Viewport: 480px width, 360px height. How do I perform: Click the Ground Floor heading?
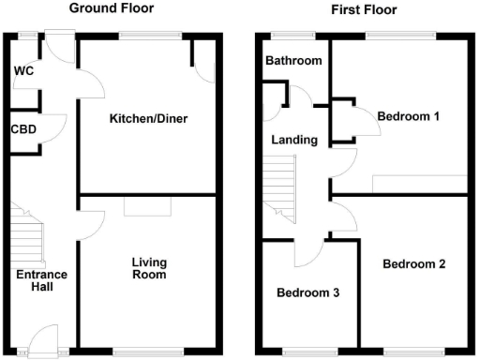(112, 8)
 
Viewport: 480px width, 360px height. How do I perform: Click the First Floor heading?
(364, 9)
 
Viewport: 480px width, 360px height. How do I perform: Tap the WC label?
(22, 71)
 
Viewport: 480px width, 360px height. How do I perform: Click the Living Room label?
(148, 268)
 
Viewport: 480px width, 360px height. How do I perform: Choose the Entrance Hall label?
(40, 279)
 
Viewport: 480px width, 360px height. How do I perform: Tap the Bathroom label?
(292, 61)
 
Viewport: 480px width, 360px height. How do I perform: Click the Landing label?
(294, 140)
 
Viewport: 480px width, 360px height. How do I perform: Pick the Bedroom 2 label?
(413, 263)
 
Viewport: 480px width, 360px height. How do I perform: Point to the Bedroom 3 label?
(307, 292)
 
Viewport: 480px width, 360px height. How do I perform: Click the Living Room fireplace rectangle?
(146, 206)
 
